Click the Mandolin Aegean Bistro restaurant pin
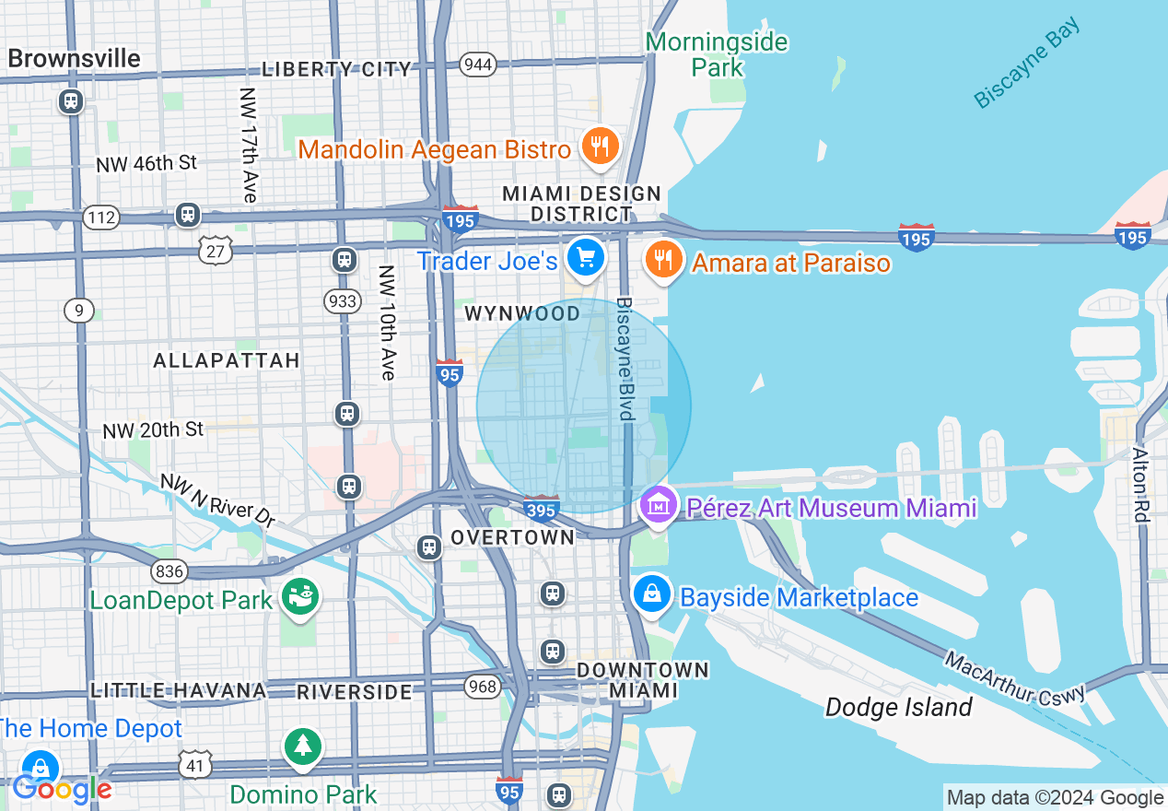pyautogui.click(x=600, y=146)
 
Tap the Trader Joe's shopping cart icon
pyautogui.click(x=585, y=257)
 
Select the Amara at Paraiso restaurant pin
pyautogui.click(x=661, y=259)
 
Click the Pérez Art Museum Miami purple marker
pyautogui.click(x=658, y=505)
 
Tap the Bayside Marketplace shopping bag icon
pyautogui.click(x=652, y=593)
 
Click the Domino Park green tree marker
pyautogui.click(x=303, y=745)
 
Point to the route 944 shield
pyautogui.click(x=479, y=65)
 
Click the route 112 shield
pyautogui.click(x=99, y=218)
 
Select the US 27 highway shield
pyautogui.click(x=216, y=249)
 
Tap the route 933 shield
pyautogui.click(x=342, y=300)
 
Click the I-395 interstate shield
pyautogui.click(x=541, y=509)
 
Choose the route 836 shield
pyautogui.click(x=169, y=571)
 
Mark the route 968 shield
pyautogui.click(x=482, y=686)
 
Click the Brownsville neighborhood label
pyautogui.click(x=74, y=59)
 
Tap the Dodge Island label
pyautogui.click(x=898, y=707)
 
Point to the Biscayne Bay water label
pyautogui.click(x=1026, y=63)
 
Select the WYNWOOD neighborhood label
pyautogui.click(x=522, y=313)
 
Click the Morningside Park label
pyautogui.click(x=717, y=54)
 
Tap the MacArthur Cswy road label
pyautogui.click(x=1014, y=678)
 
